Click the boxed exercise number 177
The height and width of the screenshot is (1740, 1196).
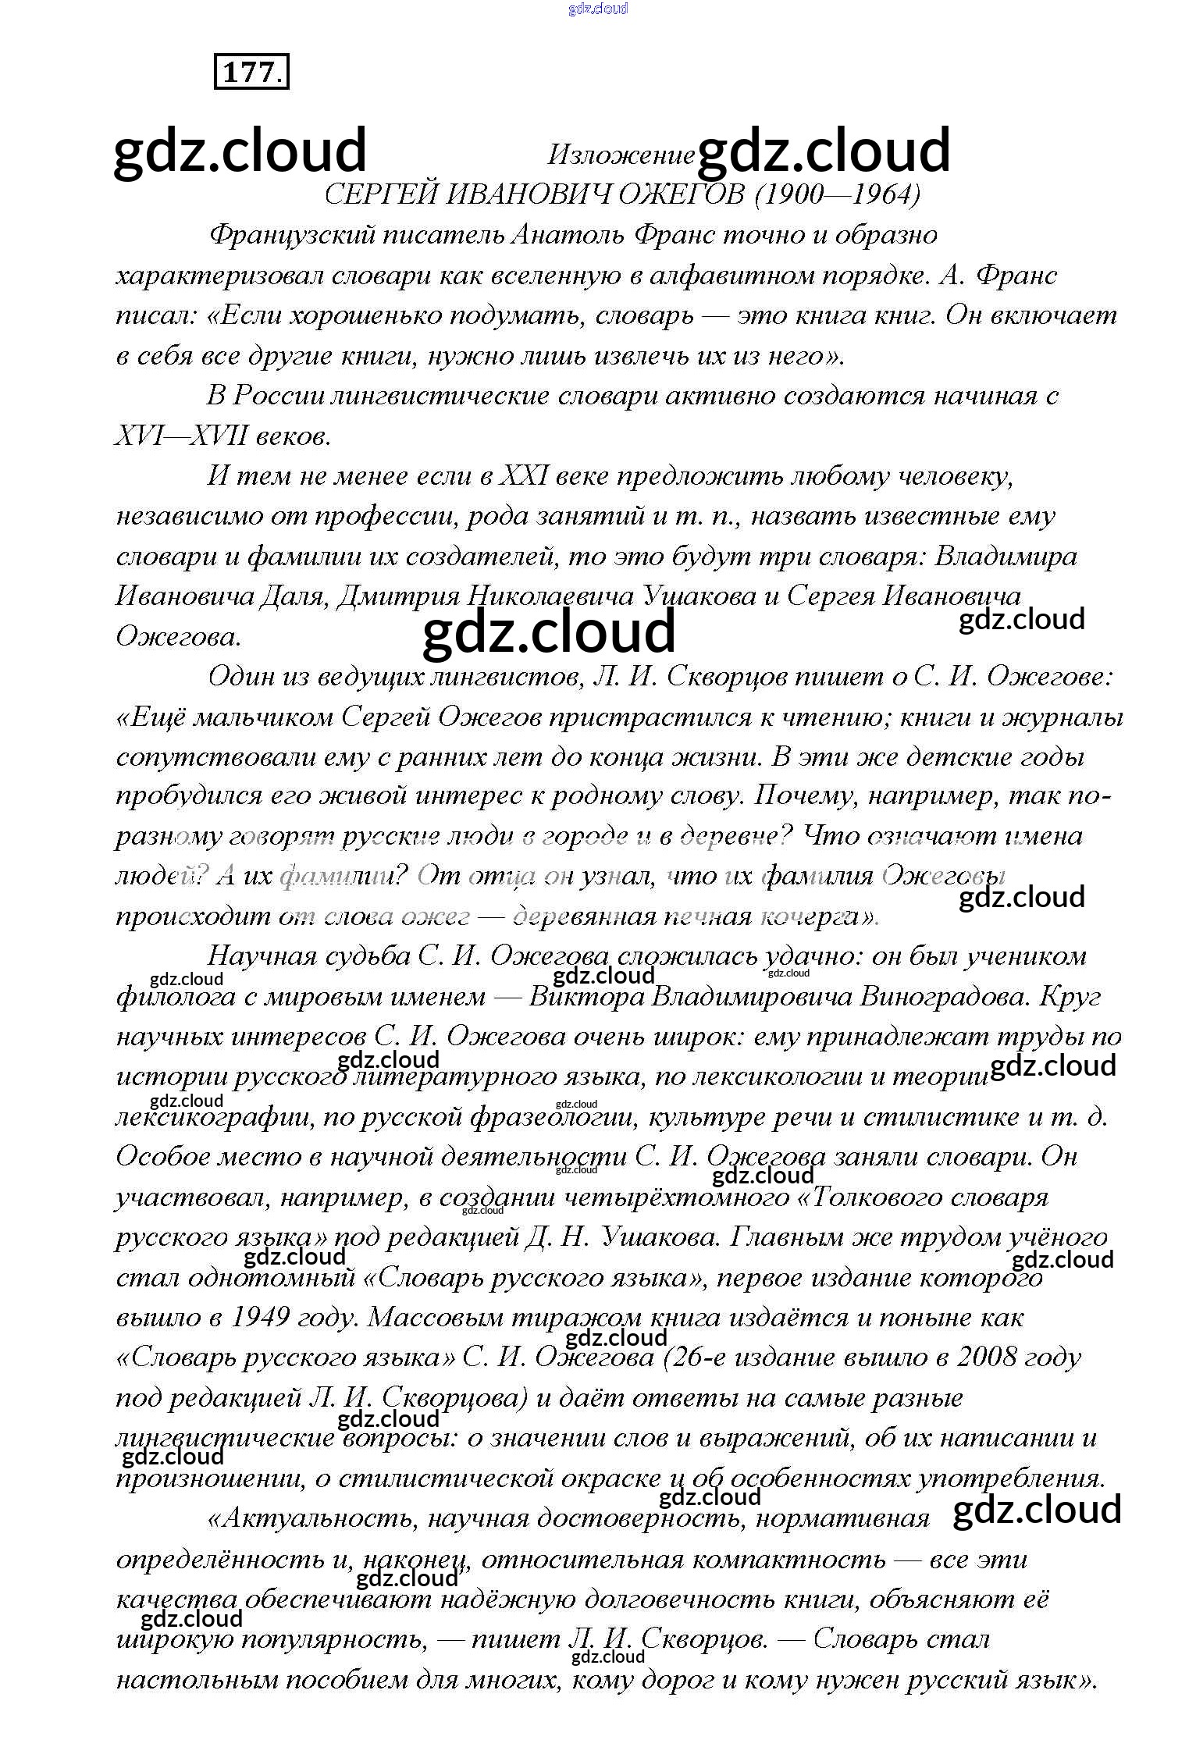coord(251,72)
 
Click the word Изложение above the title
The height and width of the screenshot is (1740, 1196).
coord(621,155)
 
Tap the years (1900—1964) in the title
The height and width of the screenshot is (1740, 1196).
coord(838,194)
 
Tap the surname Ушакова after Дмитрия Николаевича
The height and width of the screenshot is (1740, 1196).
coord(700,596)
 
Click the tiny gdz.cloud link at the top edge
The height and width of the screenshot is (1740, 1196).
coord(598,9)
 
